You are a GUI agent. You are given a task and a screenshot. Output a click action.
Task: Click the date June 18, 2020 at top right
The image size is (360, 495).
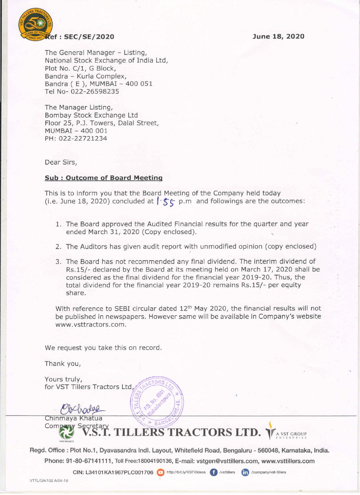278,36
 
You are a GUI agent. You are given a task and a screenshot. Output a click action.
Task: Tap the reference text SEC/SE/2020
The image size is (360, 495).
89,37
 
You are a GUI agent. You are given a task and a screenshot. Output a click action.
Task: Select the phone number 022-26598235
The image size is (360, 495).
95,92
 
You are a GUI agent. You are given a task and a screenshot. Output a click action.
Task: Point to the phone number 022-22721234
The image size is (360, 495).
83,139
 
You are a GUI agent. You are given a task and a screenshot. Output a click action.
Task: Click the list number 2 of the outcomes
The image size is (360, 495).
58,247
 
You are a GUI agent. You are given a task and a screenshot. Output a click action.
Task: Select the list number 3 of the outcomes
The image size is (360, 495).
58,262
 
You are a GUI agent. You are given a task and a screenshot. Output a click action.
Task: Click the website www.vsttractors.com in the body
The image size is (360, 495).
91,324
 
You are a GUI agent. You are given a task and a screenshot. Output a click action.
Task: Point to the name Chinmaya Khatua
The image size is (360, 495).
73,418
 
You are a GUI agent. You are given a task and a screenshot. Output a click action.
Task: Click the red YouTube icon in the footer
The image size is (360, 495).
160,472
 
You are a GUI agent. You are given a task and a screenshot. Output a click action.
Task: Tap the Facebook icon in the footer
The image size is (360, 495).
213,472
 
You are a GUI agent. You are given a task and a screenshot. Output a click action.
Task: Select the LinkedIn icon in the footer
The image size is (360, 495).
245,472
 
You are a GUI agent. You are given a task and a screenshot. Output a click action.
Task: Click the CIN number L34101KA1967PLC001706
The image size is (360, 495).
119,472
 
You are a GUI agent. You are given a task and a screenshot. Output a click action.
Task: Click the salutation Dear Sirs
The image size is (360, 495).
61,162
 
